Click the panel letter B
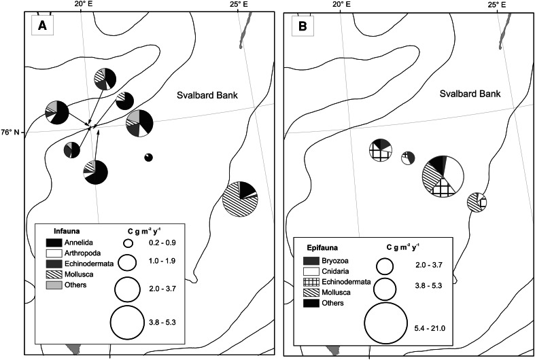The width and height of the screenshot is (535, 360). pyautogui.click(x=300, y=27)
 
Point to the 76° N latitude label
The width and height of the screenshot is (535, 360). pyautogui.click(x=12, y=132)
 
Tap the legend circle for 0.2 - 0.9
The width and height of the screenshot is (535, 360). pyautogui.click(x=128, y=242)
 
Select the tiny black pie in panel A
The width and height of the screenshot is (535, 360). pyautogui.click(x=149, y=158)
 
